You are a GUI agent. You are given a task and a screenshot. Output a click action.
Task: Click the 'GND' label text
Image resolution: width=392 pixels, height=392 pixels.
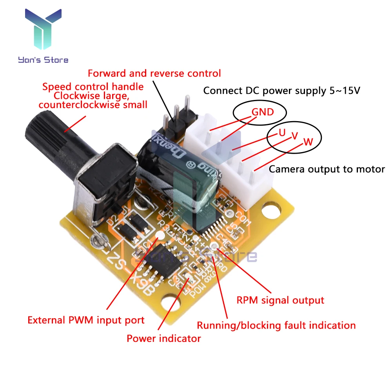tap(263, 112)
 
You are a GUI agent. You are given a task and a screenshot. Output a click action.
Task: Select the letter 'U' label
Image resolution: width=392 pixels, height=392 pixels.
tap(282, 132)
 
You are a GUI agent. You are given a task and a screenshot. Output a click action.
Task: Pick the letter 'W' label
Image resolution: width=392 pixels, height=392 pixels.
tap(309, 142)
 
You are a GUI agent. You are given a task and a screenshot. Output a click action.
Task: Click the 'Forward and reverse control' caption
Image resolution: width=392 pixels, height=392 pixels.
tap(154, 73)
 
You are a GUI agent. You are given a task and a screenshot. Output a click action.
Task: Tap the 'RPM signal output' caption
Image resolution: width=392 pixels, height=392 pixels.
tap(280, 300)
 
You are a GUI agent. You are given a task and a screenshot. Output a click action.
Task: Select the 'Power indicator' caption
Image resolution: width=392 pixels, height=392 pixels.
tap(163, 338)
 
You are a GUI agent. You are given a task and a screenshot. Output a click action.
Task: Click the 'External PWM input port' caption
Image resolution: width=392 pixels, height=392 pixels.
tap(86, 320)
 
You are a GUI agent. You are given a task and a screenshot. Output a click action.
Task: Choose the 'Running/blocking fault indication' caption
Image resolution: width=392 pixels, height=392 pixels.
tap(276, 325)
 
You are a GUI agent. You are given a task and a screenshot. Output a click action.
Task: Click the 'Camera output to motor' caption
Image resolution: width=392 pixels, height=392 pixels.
tap(327, 169)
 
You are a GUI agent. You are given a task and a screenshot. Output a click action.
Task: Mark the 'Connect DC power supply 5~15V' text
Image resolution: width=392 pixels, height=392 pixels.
tap(281, 91)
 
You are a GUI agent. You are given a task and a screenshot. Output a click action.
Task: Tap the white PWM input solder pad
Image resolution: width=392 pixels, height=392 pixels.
tap(160, 236)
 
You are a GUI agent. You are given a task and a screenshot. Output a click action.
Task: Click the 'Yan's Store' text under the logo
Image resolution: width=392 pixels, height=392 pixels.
tap(43, 60)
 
